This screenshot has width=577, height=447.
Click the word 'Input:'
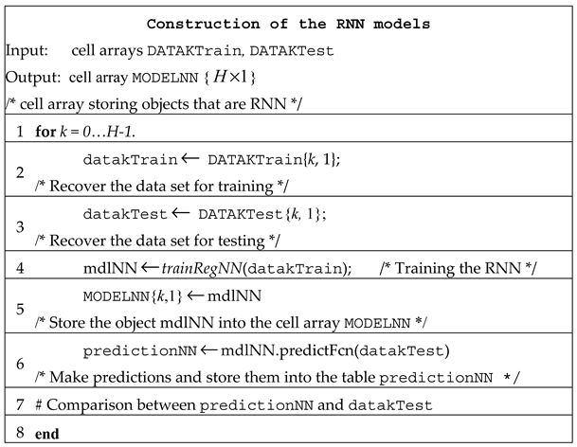pos(29,49)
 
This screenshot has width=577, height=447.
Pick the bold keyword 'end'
pos(50,433)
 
